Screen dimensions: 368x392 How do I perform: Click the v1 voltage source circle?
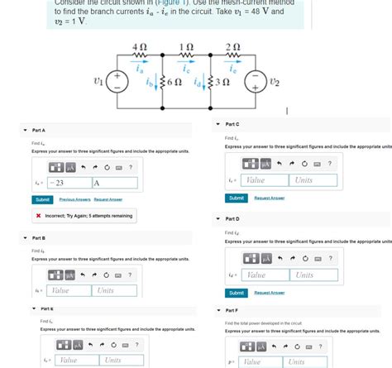pyautogui.click(x=118, y=81)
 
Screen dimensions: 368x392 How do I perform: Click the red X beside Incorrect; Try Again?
pyautogui.click(x=39, y=216)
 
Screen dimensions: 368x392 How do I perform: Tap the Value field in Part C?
pyautogui.click(x=265, y=179)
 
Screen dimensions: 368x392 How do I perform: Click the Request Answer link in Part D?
pyautogui.click(x=269, y=293)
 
